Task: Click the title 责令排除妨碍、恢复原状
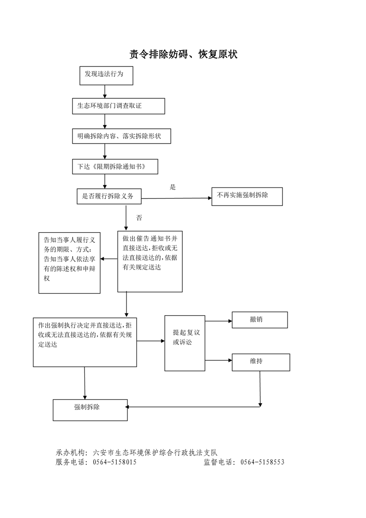pyautogui.click(x=183, y=55)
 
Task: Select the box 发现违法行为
pyautogui.click(x=106, y=76)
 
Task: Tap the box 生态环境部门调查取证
pyautogui.click(x=118, y=106)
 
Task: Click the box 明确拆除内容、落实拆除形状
pyautogui.click(x=122, y=137)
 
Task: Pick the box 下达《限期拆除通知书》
pyautogui.click(x=115, y=167)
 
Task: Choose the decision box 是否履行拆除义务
pyautogui.click(x=109, y=196)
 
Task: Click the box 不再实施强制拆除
pyautogui.click(x=246, y=196)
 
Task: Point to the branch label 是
pyautogui.click(x=173, y=187)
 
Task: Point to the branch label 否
pyautogui.click(x=139, y=218)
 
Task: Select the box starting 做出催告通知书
pyautogui.click(x=150, y=261)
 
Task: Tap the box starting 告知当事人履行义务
pyautogui.click(x=69, y=263)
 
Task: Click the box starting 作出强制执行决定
pyautogui.click(x=85, y=342)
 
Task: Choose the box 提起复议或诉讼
pyautogui.click(x=185, y=343)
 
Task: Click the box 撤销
pyautogui.click(x=259, y=319)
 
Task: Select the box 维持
pyautogui.click(x=261, y=362)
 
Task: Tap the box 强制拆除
pyautogui.click(x=90, y=410)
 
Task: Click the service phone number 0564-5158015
pyautogui.click(x=114, y=462)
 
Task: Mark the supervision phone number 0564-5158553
pyautogui.click(x=263, y=462)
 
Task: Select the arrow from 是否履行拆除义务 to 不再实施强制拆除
pyautogui.click(x=175, y=198)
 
